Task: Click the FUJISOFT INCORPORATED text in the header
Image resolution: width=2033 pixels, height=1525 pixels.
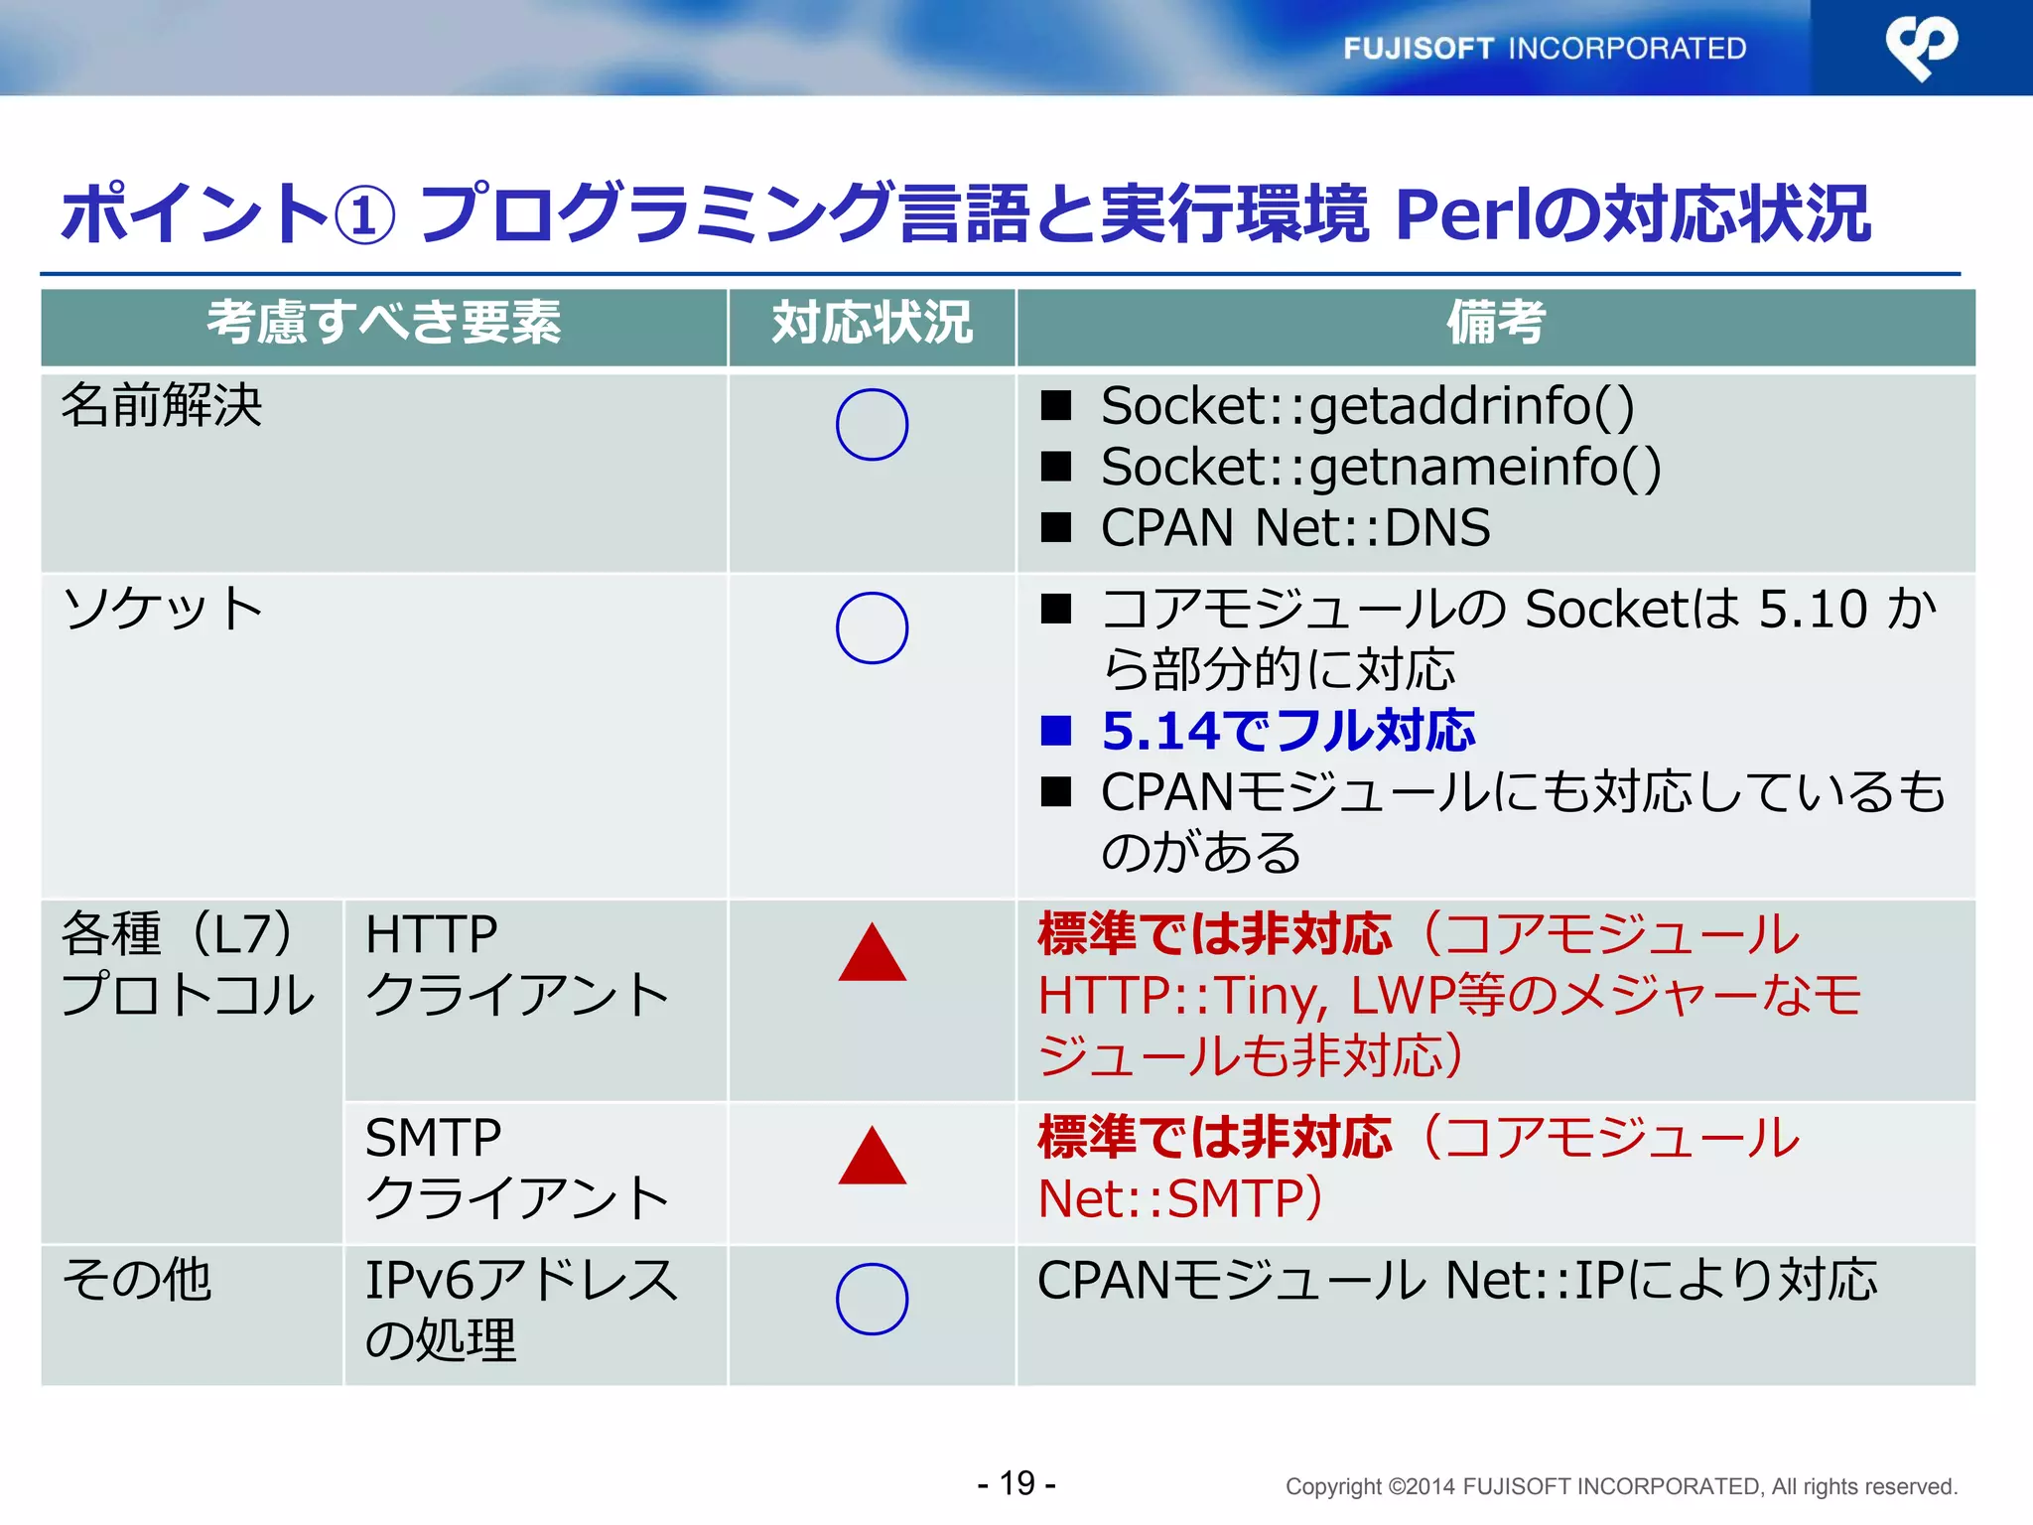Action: click(1545, 48)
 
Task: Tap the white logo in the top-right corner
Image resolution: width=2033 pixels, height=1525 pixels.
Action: click(1922, 48)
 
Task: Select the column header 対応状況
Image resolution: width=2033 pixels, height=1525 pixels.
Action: click(872, 323)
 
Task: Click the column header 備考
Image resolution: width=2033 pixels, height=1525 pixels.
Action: click(1495, 323)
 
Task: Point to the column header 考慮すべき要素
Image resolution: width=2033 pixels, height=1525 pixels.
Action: click(383, 323)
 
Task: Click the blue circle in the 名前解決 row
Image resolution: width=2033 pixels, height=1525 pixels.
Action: click(872, 424)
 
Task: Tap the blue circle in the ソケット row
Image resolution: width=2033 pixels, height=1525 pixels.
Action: click(872, 627)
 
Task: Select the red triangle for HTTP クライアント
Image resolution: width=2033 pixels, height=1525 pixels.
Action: click(872, 954)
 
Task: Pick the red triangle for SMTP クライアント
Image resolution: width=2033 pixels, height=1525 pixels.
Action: click(872, 1158)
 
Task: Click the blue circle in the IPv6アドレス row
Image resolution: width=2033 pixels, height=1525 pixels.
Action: click(872, 1299)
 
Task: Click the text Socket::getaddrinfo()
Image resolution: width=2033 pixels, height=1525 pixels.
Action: click(1367, 406)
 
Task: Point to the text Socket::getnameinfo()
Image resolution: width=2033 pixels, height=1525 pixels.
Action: click(1380, 467)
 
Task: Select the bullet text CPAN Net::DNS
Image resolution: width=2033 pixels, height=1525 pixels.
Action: click(1294, 527)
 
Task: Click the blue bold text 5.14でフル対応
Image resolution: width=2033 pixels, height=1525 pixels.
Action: click(1288, 731)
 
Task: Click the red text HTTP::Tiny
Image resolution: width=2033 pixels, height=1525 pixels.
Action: click(1181, 995)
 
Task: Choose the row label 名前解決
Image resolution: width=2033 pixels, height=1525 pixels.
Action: click(162, 406)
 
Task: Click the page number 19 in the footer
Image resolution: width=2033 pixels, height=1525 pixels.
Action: click(1016, 1483)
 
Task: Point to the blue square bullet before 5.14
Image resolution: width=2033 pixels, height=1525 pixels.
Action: click(1056, 731)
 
